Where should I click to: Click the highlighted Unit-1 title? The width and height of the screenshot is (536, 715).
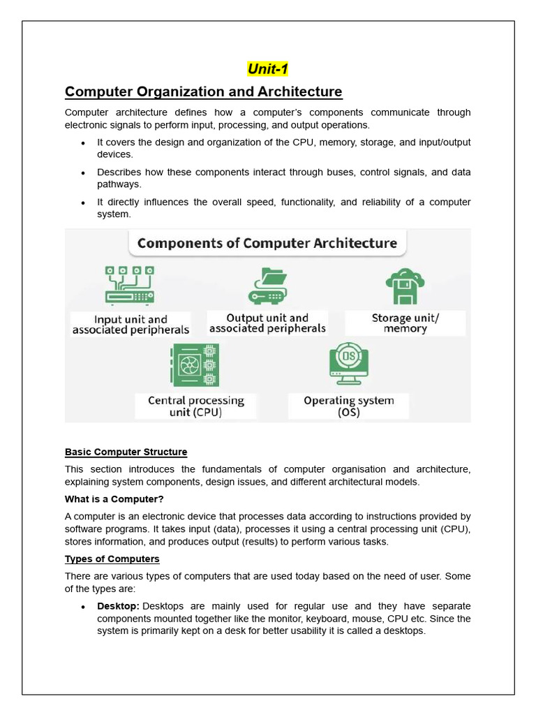tap(267, 69)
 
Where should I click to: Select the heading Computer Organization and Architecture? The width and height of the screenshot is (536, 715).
tap(203, 91)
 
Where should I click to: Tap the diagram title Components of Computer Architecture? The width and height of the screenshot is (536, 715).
tap(267, 244)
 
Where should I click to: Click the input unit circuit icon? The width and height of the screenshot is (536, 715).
tap(130, 285)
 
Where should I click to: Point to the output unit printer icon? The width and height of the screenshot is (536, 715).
tap(268, 285)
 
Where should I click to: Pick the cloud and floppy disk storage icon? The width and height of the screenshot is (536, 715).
tap(405, 286)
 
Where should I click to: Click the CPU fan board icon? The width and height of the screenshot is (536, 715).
tap(195, 365)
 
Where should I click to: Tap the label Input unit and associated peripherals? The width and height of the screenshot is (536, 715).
tap(131, 325)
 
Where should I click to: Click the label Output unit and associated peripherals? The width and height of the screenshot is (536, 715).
tap(267, 323)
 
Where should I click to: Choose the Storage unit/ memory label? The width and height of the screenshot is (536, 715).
tap(405, 323)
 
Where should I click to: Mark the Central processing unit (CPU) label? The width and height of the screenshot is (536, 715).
tap(195, 406)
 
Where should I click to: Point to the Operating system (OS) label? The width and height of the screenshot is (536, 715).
tap(348, 406)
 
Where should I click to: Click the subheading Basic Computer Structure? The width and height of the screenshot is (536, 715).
tap(126, 452)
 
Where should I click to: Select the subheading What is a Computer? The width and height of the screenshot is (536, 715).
tap(114, 499)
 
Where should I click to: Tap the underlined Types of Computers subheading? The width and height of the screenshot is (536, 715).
tap(112, 559)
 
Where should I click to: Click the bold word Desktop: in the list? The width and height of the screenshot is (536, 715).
tap(118, 606)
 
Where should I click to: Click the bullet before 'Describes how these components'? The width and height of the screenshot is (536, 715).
tap(83, 173)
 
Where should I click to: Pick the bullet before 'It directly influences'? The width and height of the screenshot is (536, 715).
tap(83, 203)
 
